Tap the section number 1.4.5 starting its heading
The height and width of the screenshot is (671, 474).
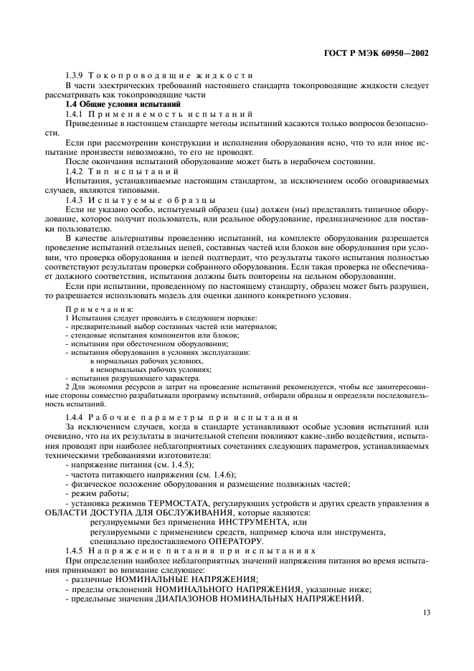point(76,550)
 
